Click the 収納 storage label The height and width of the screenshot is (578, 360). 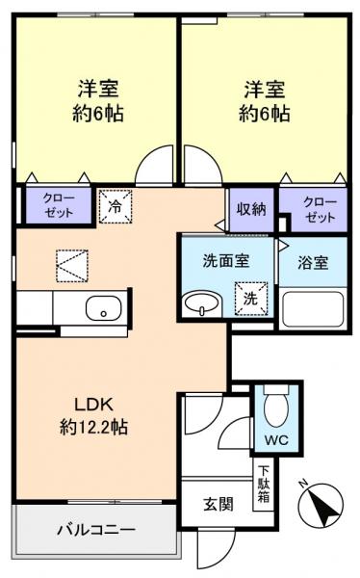252,209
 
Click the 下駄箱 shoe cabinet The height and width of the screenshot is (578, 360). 263,487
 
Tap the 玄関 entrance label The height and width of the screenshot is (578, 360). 219,505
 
